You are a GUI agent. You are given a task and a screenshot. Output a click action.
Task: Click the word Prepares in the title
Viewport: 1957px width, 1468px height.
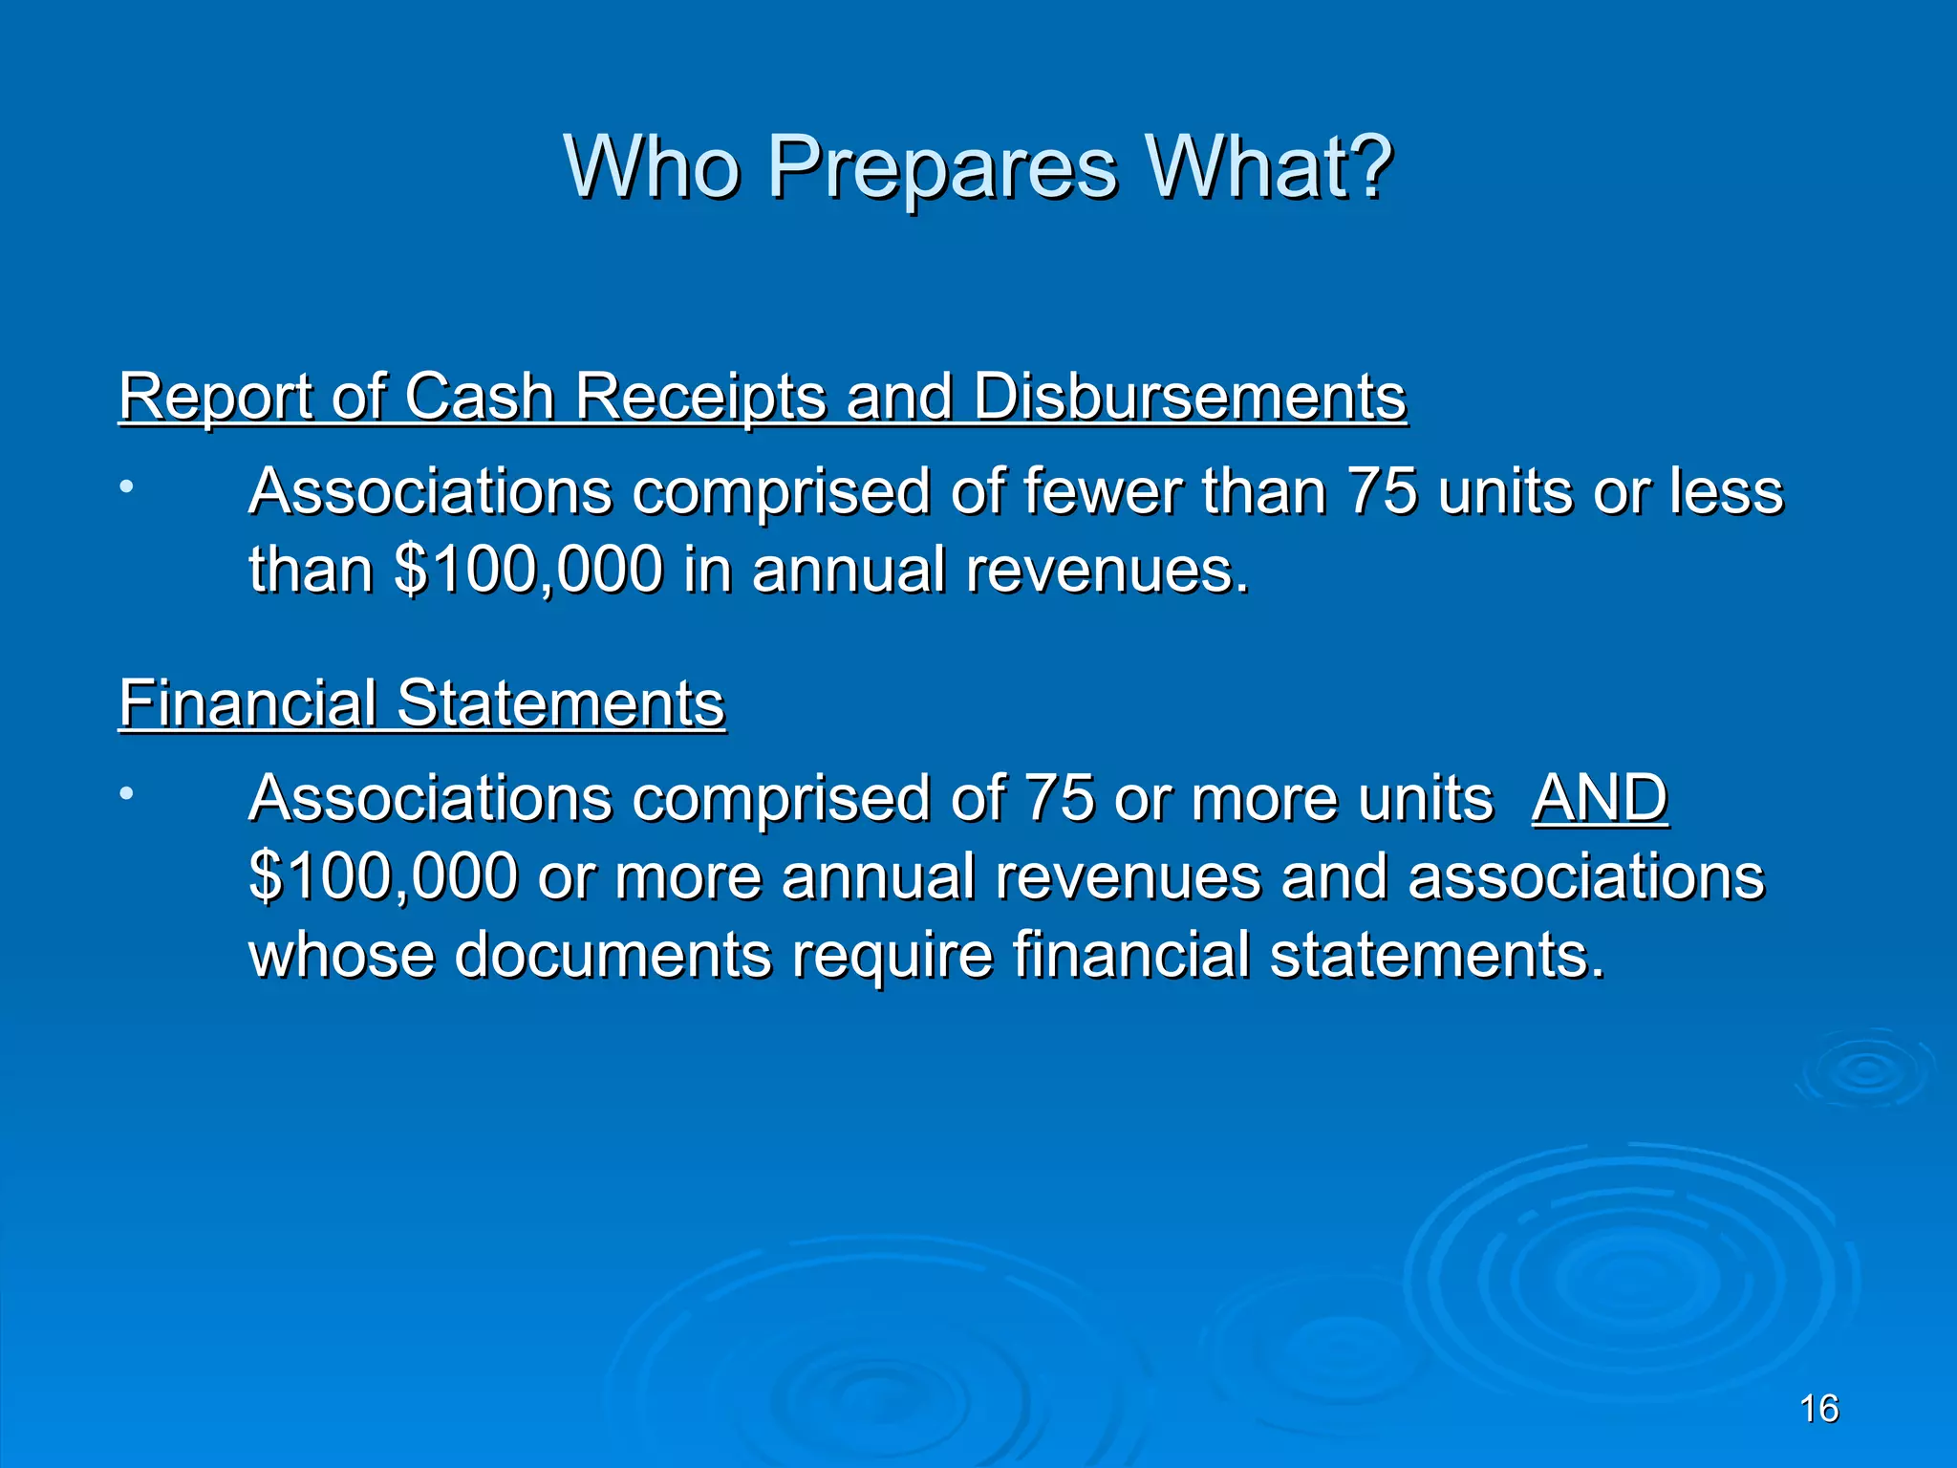coord(941,167)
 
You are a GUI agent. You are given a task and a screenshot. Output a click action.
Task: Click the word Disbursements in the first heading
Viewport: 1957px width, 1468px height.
coord(1190,396)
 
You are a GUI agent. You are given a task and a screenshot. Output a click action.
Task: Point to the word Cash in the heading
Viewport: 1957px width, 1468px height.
coord(479,396)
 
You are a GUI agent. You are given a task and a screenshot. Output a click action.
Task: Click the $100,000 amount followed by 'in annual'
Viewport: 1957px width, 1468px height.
coord(527,571)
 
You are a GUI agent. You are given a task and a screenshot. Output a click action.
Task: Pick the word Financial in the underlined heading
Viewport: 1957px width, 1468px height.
coord(247,703)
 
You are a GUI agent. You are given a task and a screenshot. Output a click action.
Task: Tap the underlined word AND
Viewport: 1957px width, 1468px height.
coord(1600,798)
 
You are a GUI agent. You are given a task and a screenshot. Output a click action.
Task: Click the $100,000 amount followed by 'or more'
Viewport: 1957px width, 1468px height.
coord(382,876)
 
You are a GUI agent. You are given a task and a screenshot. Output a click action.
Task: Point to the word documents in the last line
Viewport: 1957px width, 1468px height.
coord(612,955)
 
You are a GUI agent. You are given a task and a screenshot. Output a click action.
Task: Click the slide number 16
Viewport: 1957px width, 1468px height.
coord(1818,1409)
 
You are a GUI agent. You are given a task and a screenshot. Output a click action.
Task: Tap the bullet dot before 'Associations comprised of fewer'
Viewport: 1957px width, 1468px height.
coord(126,487)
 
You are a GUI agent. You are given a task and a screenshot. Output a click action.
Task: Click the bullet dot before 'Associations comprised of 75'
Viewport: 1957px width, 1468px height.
coord(126,793)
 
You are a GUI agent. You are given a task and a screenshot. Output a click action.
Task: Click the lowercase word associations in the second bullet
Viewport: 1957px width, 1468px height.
coord(1585,876)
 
